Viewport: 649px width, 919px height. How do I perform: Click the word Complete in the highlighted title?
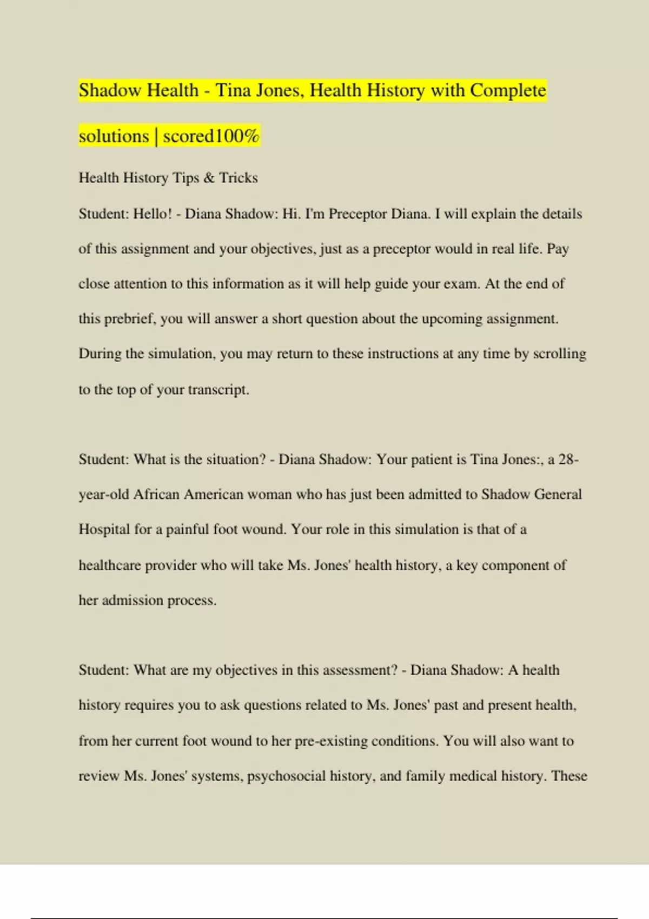(x=508, y=90)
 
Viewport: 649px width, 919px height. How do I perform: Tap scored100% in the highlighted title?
(x=211, y=136)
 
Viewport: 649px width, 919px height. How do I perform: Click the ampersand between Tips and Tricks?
(x=209, y=178)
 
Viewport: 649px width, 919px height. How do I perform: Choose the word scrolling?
(x=560, y=354)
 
